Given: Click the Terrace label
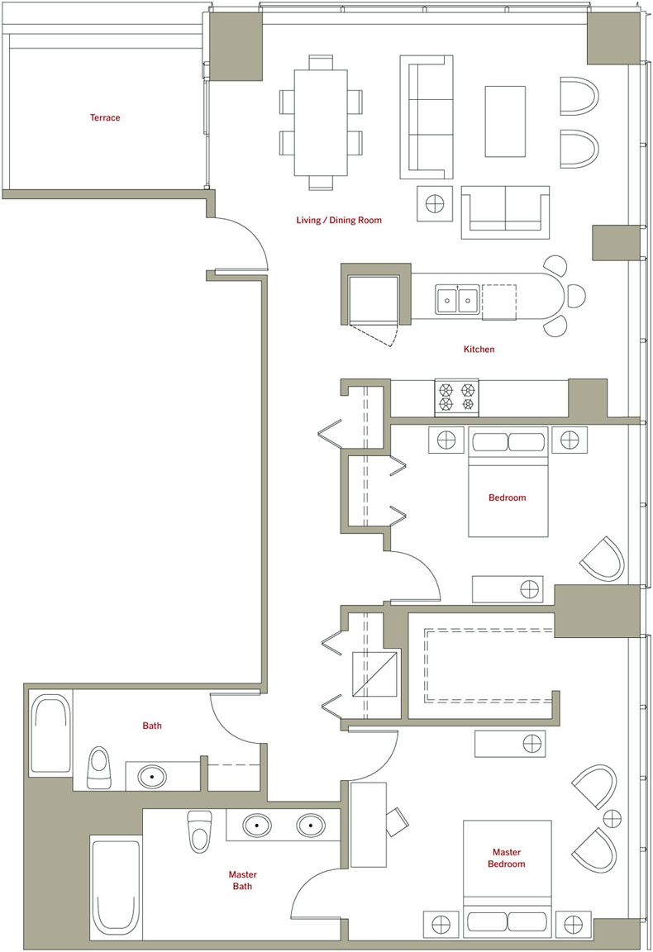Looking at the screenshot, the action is [105, 118].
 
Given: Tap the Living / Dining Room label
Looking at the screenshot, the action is [339, 220].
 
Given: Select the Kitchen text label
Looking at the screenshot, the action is [479, 349].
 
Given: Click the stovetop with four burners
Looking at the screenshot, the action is [457, 397].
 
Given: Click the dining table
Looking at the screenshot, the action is [321, 122].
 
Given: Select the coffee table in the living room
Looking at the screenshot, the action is [505, 121].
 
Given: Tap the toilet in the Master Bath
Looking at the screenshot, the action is [199, 831].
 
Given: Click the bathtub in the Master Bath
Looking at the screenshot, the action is [116, 886].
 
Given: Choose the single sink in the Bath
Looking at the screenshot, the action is [152, 777].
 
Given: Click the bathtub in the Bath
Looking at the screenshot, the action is [51, 734].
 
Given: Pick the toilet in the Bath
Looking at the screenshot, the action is [99, 768].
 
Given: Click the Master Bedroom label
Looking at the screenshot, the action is [507, 858].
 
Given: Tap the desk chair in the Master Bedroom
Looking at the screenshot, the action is [398, 821].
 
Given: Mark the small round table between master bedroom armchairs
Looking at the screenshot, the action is [612, 818].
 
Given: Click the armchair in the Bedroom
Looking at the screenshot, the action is [603, 559].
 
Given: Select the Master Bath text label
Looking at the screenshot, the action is [242, 880].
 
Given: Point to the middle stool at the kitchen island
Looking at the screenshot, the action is [574, 296].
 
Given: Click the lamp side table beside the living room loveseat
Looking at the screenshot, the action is [435, 203].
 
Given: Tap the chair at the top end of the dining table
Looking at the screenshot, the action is [321, 63].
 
